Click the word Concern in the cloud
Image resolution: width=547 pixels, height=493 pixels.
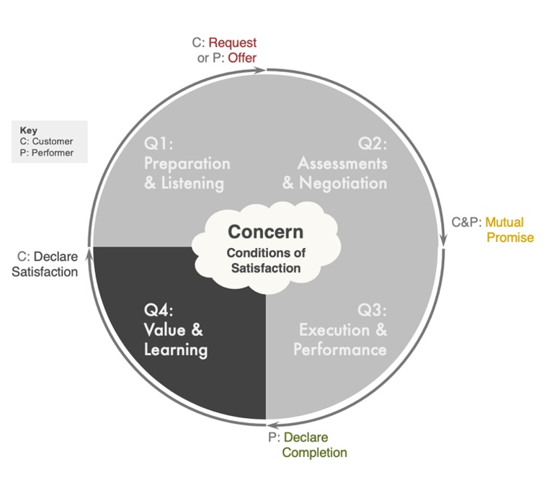point(265,232)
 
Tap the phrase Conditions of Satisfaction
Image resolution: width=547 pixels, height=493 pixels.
point(265,260)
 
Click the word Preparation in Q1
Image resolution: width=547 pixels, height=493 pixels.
point(187,163)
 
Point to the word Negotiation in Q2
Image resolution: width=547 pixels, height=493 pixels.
point(344,183)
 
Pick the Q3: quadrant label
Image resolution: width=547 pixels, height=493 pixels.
point(372,311)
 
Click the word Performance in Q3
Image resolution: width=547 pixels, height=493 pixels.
point(339,350)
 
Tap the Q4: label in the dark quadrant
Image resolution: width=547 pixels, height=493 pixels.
point(159,311)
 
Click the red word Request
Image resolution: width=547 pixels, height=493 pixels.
point(232,43)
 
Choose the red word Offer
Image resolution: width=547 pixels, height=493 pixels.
point(242,58)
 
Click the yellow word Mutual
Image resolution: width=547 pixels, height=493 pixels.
point(504,222)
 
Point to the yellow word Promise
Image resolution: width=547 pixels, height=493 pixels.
point(510,237)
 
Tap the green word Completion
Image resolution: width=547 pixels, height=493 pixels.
point(314,453)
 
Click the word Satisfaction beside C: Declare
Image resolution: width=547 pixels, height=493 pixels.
point(45,272)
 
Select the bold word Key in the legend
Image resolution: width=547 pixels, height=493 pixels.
point(28,130)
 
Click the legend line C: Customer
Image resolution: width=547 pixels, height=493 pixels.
point(47,141)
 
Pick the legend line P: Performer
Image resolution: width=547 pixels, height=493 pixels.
point(47,153)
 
